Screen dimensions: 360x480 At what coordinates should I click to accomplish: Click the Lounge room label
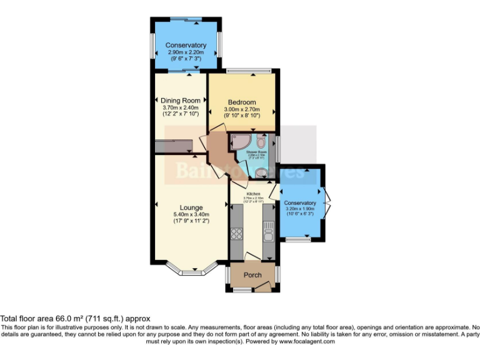pyautogui.click(x=191, y=208)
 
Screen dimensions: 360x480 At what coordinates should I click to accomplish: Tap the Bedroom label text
pyautogui.click(x=242, y=102)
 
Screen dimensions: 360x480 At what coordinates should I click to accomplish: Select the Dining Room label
pyautogui.click(x=180, y=101)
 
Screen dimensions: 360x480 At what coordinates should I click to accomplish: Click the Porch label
pyautogui.click(x=252, y=276)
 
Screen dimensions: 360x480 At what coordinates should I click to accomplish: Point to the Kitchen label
pyautogui.click(x=252, y=194)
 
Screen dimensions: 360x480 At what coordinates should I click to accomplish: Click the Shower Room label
pyautogui.click(x=256, y=152)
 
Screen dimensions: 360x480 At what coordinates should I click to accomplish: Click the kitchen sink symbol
pyautogui.click(x=268, y=235)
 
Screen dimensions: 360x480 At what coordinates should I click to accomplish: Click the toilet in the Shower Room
pyautogui.click(x=261, y=172)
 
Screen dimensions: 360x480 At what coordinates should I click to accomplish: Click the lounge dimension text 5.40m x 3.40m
pyautogui.click(x=191, y=216)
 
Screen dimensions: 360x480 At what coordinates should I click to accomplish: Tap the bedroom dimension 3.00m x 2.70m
pyautogui.click(x=242, y=110)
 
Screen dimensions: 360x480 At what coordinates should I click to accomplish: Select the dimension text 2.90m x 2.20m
pyautogui.click(x=186, y=53)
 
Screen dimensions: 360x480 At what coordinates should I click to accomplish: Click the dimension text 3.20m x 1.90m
pyautogui.click(x=300, y=209)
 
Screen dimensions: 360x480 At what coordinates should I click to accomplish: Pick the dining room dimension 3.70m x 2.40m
pyautogui.click(x=180, y=108)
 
